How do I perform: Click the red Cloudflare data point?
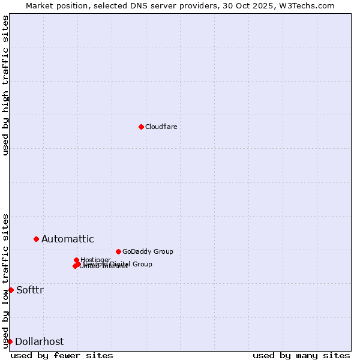click(x=141, y=127)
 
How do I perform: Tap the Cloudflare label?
click(x=161, y=127)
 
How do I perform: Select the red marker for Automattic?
click(x=36, y=239)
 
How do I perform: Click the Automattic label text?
click(x=67, y=239)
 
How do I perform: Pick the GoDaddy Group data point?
click(x=118, y=251)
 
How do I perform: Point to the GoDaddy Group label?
click(x=147, y=251)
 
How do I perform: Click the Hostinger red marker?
click(x=76, y=260)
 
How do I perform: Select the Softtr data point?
click(x=11, y=290)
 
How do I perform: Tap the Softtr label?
click(x=29, y=290)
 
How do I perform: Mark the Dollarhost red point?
click(x=10, y=341)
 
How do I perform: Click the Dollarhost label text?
click(x=39, y=341)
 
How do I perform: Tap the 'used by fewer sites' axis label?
click(x=62, y=355)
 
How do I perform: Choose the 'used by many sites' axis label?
click(x=301, y=355)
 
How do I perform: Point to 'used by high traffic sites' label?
click(x=5, y=85)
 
